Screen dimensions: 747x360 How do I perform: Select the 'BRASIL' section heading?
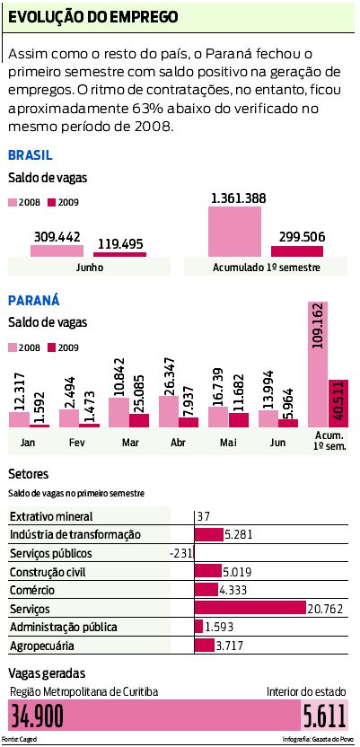(30, 154)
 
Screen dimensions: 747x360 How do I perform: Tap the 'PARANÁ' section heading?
(32, 300)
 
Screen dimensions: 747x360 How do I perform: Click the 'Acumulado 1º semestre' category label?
(265, 268)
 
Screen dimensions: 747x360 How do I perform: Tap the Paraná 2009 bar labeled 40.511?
(338, 404)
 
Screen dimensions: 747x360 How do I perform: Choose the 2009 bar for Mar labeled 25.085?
(139, 420)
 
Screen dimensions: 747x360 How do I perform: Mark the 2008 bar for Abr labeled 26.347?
(169, 411)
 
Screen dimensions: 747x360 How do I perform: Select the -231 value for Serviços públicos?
(180, 554)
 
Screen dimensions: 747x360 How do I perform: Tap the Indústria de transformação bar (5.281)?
(209, 535)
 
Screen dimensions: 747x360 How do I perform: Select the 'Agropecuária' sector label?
(42, 646)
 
